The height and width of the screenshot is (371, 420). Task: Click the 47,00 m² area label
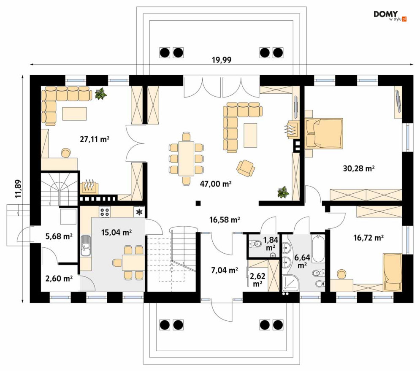point(216,184)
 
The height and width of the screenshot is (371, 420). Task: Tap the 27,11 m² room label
point(95,139)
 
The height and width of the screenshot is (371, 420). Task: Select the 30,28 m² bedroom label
point(359,168)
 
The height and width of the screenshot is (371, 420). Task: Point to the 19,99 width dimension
point(222,60)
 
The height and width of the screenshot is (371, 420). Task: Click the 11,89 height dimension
point(18,188)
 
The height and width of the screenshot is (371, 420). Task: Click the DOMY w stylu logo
point(390,16)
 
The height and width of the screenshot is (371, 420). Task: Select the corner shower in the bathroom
point(291,283)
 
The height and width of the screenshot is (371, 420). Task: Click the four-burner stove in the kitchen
point(104,212)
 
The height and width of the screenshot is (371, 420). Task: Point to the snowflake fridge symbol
point(139,212)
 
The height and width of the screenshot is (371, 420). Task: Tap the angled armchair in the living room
point(246,168)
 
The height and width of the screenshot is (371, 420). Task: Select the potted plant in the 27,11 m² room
point(101,93)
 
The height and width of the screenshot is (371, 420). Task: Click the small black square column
point(198,203)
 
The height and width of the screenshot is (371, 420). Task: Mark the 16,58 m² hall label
point(225,219)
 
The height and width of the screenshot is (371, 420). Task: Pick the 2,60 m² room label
point(59,279)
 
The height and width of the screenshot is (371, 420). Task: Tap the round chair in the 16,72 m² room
point(341,274)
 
